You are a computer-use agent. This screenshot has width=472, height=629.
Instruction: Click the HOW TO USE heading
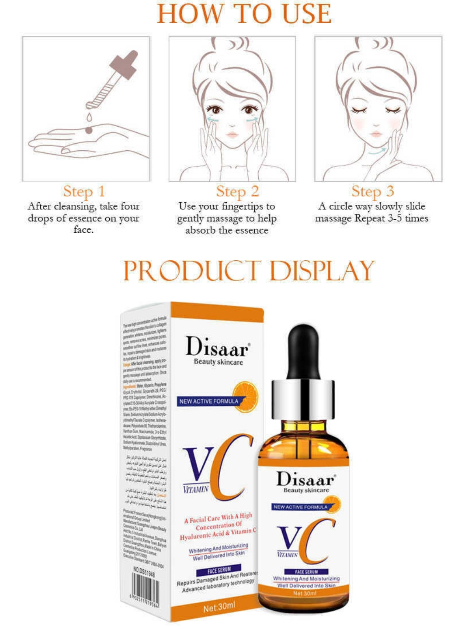(x=244, y=14)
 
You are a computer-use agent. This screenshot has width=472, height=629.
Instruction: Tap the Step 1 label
(x=84, y=191)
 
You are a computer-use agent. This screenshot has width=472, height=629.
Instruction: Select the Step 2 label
(x=237, y=191)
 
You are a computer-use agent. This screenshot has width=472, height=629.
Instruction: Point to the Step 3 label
(x=373, y=191)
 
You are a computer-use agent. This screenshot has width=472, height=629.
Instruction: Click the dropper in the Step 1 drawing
(x=113, y=81)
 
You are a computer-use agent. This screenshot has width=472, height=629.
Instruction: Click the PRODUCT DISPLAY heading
(x=248, y=271)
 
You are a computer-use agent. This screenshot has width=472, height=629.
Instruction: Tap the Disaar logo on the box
(x=218, y=347)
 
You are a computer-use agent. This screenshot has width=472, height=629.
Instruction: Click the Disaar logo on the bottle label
(x=306, y=479)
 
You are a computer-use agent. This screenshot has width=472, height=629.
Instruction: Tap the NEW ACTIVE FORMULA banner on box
(x=209, y=401)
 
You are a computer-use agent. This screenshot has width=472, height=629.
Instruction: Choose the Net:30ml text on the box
(x=219, y=607)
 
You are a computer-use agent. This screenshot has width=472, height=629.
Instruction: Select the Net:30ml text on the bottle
(x=304, y=593)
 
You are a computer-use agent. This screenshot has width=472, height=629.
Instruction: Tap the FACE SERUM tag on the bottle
(x=306, y=572)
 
